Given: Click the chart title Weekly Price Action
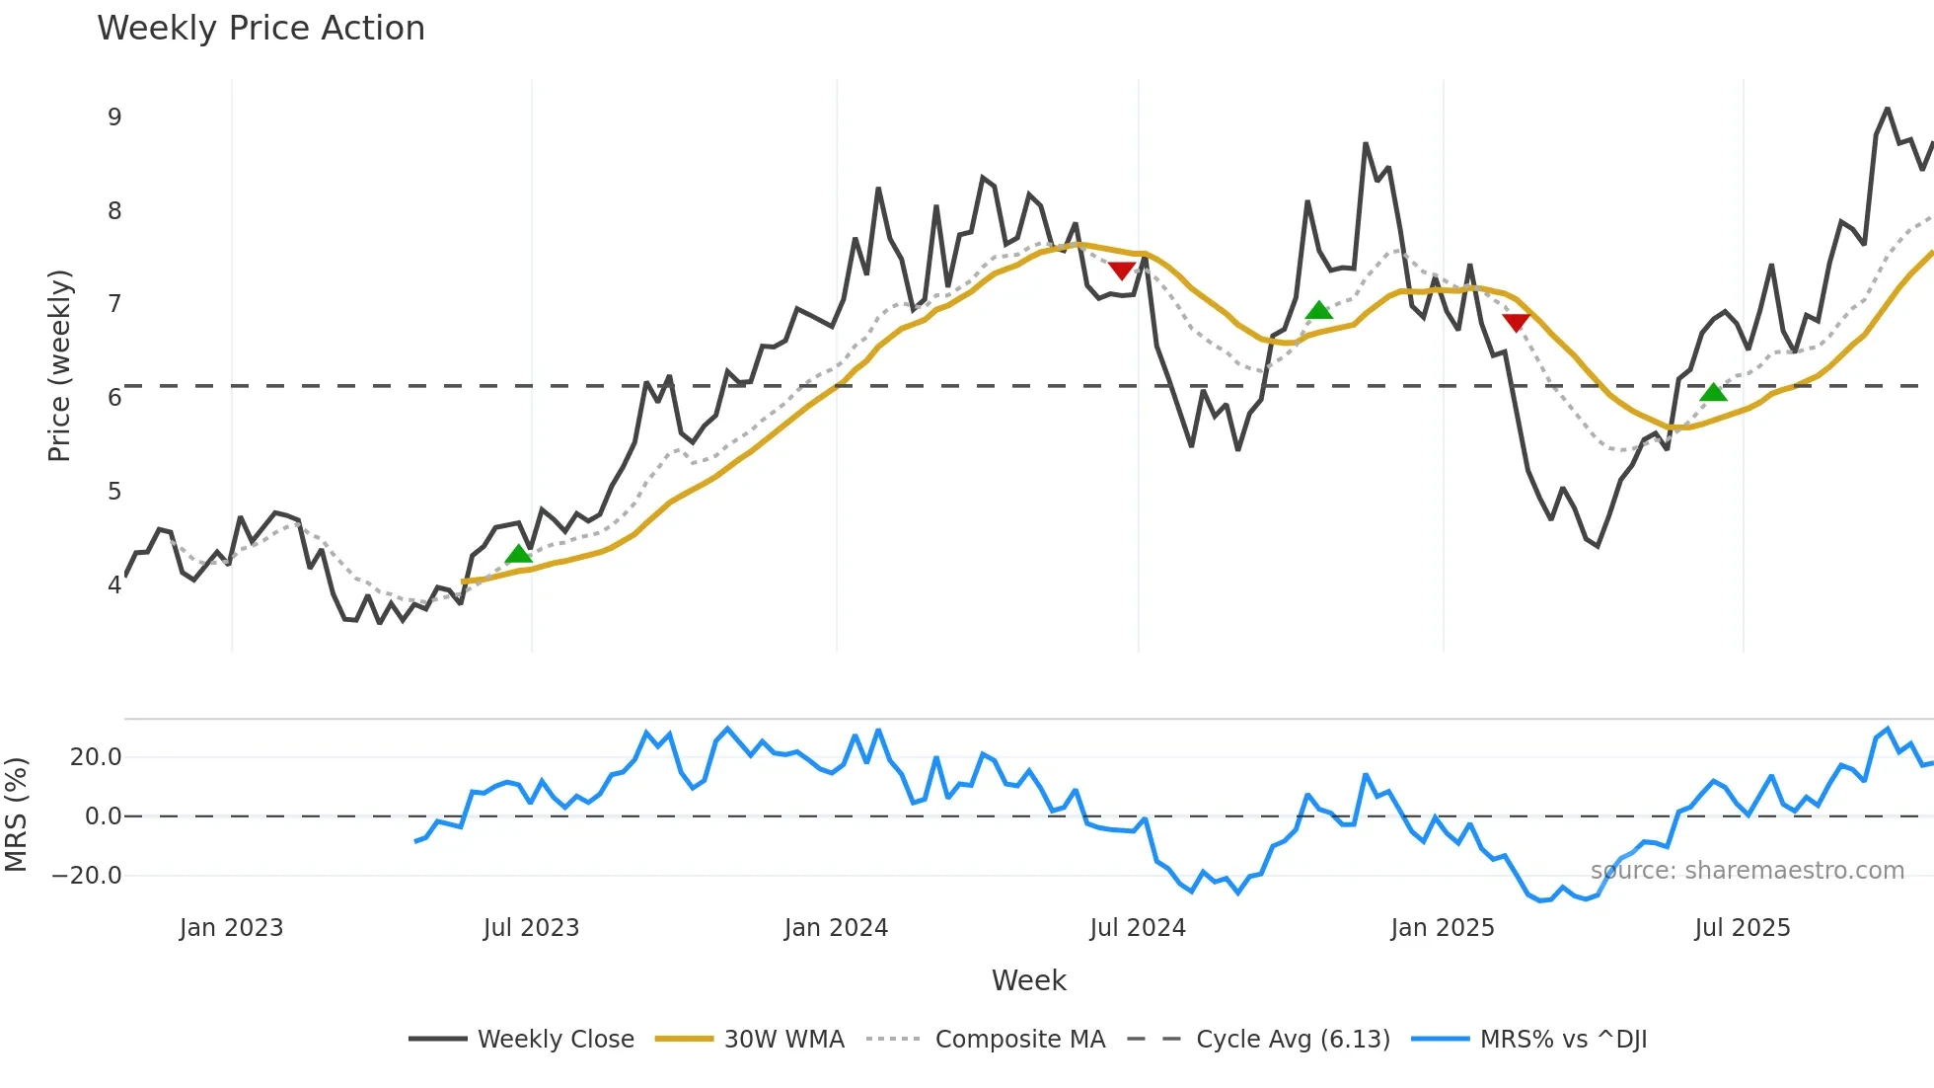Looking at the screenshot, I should pos(260,29).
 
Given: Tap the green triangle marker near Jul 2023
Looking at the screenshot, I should pos(518,554).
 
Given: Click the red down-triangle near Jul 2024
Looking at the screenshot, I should pos(1122,271).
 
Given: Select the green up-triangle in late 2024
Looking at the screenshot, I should pos(1319,311).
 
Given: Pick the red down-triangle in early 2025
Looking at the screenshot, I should pos(1516,322).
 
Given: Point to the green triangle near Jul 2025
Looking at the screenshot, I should pos(1713,392).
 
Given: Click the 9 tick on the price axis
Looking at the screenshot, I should pos(114,117).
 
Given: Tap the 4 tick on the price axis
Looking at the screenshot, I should pos(114,584).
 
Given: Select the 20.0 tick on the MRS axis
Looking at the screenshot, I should pos(96,757).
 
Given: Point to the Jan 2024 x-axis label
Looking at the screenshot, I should pos(836,928).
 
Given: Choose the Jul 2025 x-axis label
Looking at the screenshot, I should pos(1742,928).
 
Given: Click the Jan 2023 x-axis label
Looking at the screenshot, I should pos(231,928).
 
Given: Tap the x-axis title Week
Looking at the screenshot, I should pos(1028,980).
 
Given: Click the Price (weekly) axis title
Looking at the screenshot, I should pos(59,365).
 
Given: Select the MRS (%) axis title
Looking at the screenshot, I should pos(16,815).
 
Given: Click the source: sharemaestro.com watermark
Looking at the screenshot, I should pos(1747,871).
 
